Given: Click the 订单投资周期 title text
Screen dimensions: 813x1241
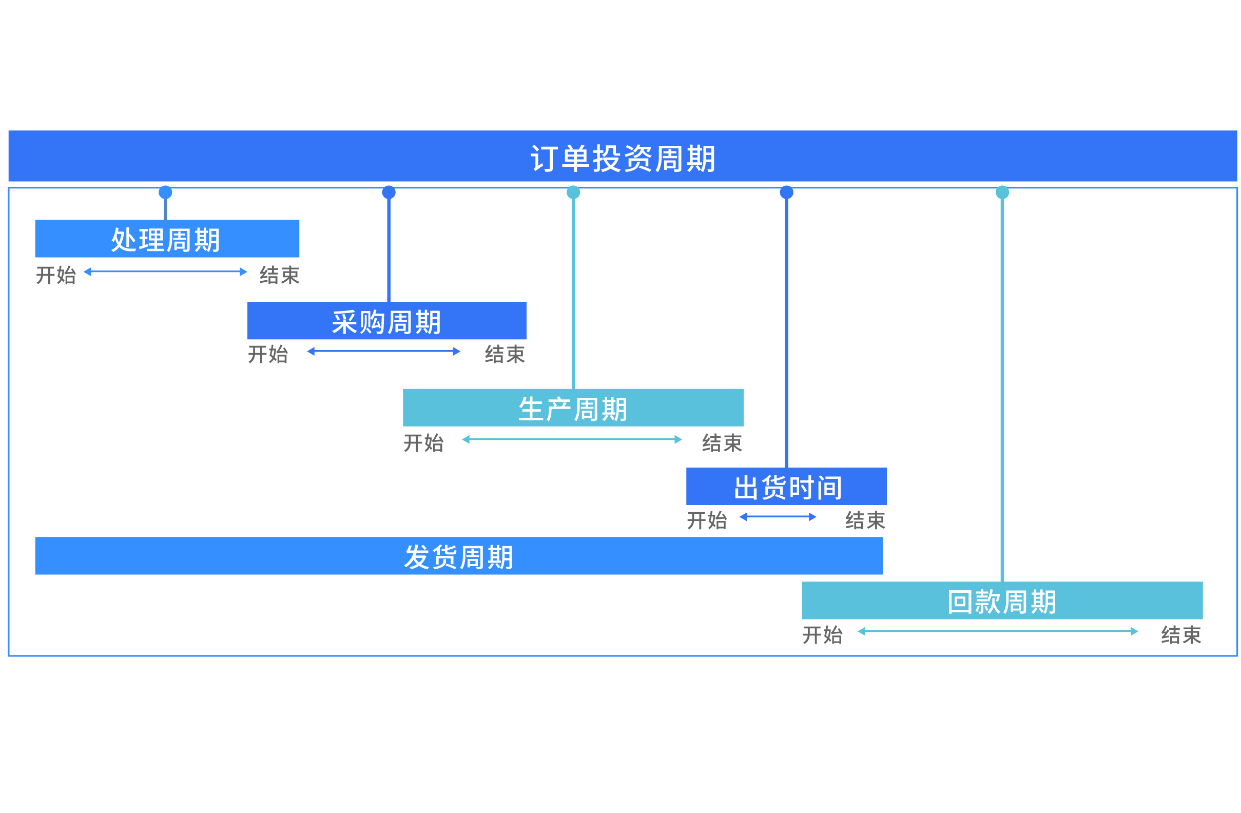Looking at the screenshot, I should point(623,159).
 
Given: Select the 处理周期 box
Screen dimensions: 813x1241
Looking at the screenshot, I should point(167,239).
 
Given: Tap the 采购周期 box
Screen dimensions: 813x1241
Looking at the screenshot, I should point(386,321).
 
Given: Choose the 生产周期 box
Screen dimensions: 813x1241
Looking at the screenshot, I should point(573,408).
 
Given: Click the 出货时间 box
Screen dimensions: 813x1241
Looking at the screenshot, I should point(786,487).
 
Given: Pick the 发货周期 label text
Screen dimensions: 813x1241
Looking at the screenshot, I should point(458,556).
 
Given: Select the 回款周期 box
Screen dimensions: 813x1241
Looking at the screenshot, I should point(1002,601).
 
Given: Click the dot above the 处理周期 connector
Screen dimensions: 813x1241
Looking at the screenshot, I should point(165,192).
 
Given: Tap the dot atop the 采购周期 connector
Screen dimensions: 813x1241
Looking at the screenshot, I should point(389,192).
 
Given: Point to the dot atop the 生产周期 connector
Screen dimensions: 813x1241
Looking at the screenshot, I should point(573,192).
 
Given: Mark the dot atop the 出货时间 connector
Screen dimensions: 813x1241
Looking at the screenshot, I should point(786,192).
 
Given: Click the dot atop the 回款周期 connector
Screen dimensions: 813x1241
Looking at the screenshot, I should point(1002,192).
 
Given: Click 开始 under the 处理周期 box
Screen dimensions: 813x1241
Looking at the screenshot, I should point(56,275).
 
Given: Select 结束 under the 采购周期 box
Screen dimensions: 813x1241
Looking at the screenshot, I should point(504,354).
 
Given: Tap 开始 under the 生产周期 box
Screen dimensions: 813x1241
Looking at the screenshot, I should point(423,443).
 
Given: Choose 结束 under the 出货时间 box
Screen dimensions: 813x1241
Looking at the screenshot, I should point(865,520).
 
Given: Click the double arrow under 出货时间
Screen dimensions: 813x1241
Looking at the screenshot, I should point(778,517).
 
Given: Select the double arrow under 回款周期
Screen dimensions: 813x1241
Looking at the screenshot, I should point(998,631).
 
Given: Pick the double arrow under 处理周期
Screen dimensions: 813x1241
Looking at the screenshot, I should point(165,272).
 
